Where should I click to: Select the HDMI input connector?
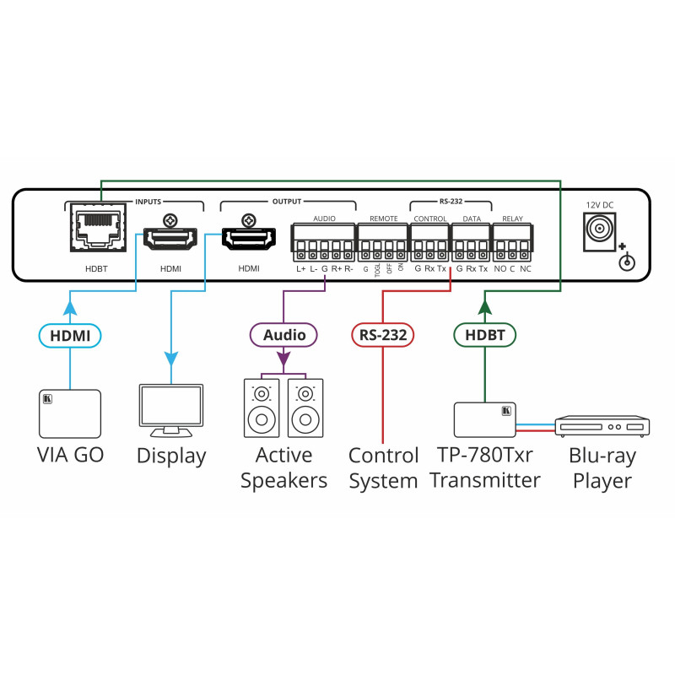[x=170, y=240]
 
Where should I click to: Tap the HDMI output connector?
[x=249, y=240]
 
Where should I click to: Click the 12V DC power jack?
[x=598, y=229]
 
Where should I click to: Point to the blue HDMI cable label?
[x=70, y=336]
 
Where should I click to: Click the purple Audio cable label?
[x=283, y=335]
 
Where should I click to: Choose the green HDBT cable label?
[x=485, y=335]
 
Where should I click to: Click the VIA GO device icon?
[x=69, y=413]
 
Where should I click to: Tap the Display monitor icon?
[x=170, y=410]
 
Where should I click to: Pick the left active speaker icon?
[x=262, y=408]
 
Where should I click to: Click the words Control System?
[x=383, y=468]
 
